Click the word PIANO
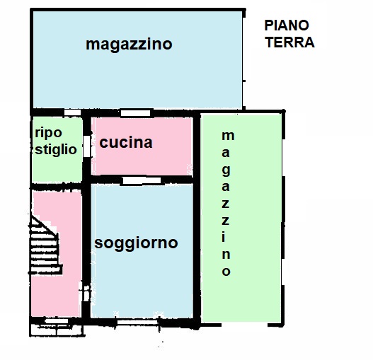click(x=287, y=26)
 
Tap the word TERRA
click(x=289, y=42)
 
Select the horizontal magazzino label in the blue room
click(x=129, y=45)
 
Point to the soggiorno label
click(x=136, y=243)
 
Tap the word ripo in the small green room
click(x=47, y=132)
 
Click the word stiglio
click(x=56, y=149)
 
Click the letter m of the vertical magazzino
click(x=226, y=135)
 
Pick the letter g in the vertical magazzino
click(x=226, y=170)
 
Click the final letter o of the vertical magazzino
click(x=226, y=272)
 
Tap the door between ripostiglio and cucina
click(x=87, y=146)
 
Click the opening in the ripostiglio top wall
click(x=71, y=113)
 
